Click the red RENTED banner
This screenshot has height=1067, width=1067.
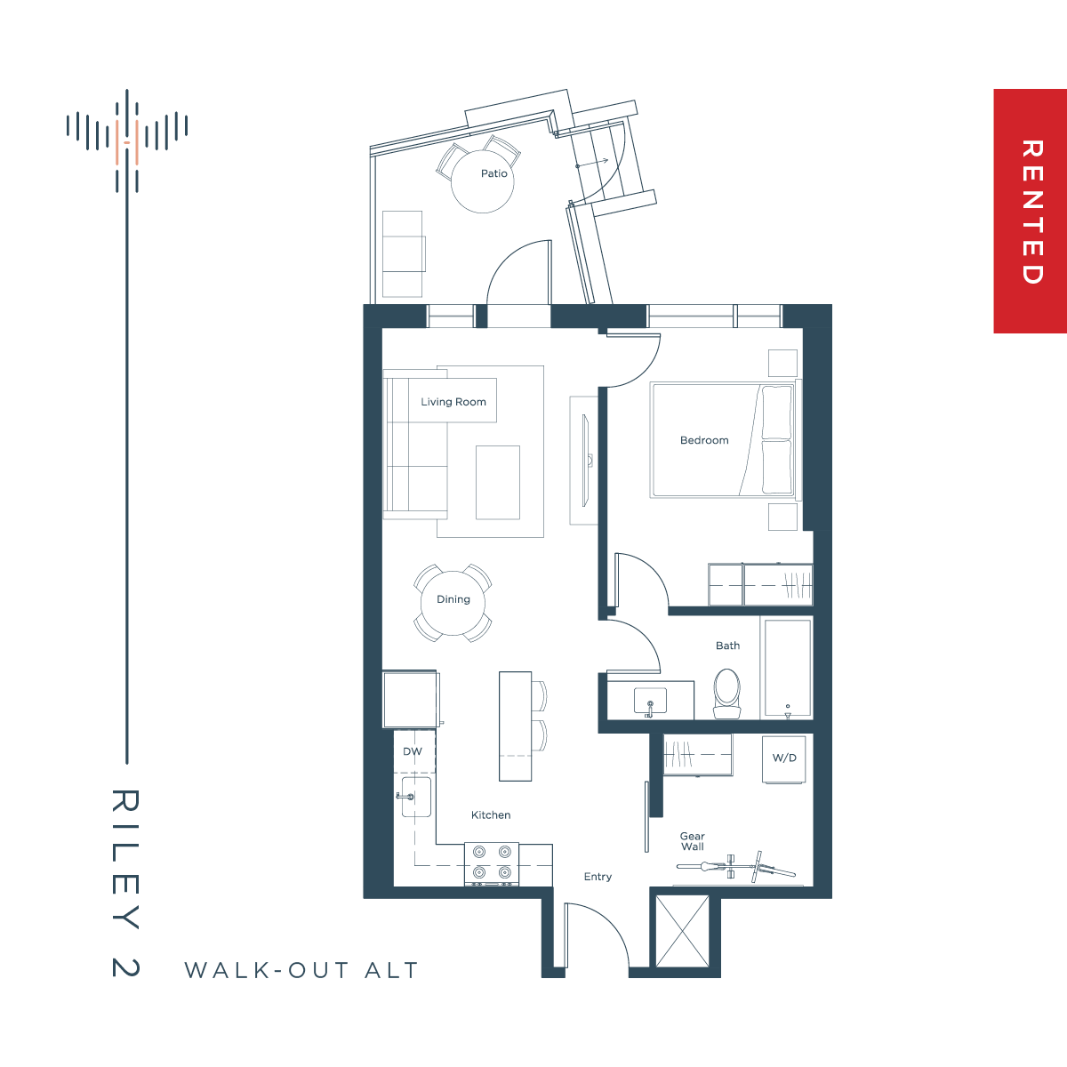pyautogui.click(x=1030, y=211)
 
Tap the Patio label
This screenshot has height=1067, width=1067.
pyautogui.click(x=493, y=173)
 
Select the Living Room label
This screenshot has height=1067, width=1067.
pyautogui.click(x=453, y=402)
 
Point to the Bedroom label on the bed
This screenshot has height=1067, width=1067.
pyautogui.click(x=704, y=440)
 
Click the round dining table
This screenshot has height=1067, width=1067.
pyautogui.click(x=453, y=603)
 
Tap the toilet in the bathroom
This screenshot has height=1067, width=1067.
pyautogui.click(x=726, y=694)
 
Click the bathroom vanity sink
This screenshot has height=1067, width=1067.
pyautogui.click(x=650, y=702)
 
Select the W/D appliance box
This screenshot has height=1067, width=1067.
pyautogui.click(x=784, y=759)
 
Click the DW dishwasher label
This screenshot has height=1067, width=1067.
pyautogui.click(x=413, y=751)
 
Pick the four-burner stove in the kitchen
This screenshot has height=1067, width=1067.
pyautogui.click(x=492, y=863)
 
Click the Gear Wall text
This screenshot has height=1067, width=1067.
pyautogui.click(x=692, y=841)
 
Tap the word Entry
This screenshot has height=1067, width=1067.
pyautogui.click(x=598, y=877)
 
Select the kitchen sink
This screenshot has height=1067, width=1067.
pyautogui.click(x=416, y=797)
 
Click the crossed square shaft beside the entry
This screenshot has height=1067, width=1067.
pyautogui.click(x=682, y=931)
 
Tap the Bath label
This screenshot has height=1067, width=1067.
pyautogui.click(x=727, y=646)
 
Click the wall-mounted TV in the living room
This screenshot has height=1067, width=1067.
pyautogui.click(x=585, y=460)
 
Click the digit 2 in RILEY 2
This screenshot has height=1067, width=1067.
pyautogui.click(x=125, y=967)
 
